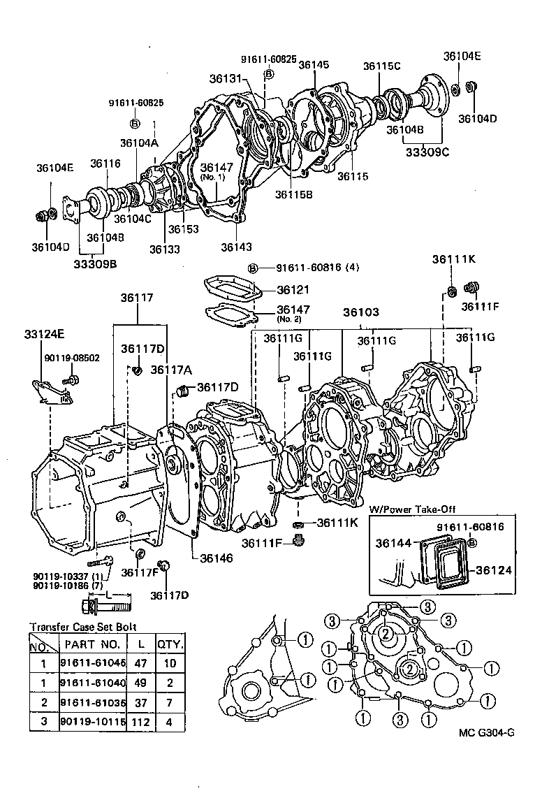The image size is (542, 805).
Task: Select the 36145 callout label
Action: pyautogui.click(x=314, y=64)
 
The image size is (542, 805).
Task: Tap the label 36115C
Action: pyautogui.click(x=381, y=66)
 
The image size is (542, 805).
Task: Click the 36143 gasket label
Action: pyautogui.click(x=237, y=247)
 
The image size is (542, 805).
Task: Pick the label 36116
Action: pyautogui.click(x=105, y=164)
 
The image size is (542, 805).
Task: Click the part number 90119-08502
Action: pyautogui.click(x=73, y=357)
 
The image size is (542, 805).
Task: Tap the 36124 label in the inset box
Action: pyautogui.click(x=494, y=570)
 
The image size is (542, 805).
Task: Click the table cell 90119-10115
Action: pyautogui.click(x=93, y=720)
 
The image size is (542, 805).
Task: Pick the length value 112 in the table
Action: pyautogui.click(x=140, y=720)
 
